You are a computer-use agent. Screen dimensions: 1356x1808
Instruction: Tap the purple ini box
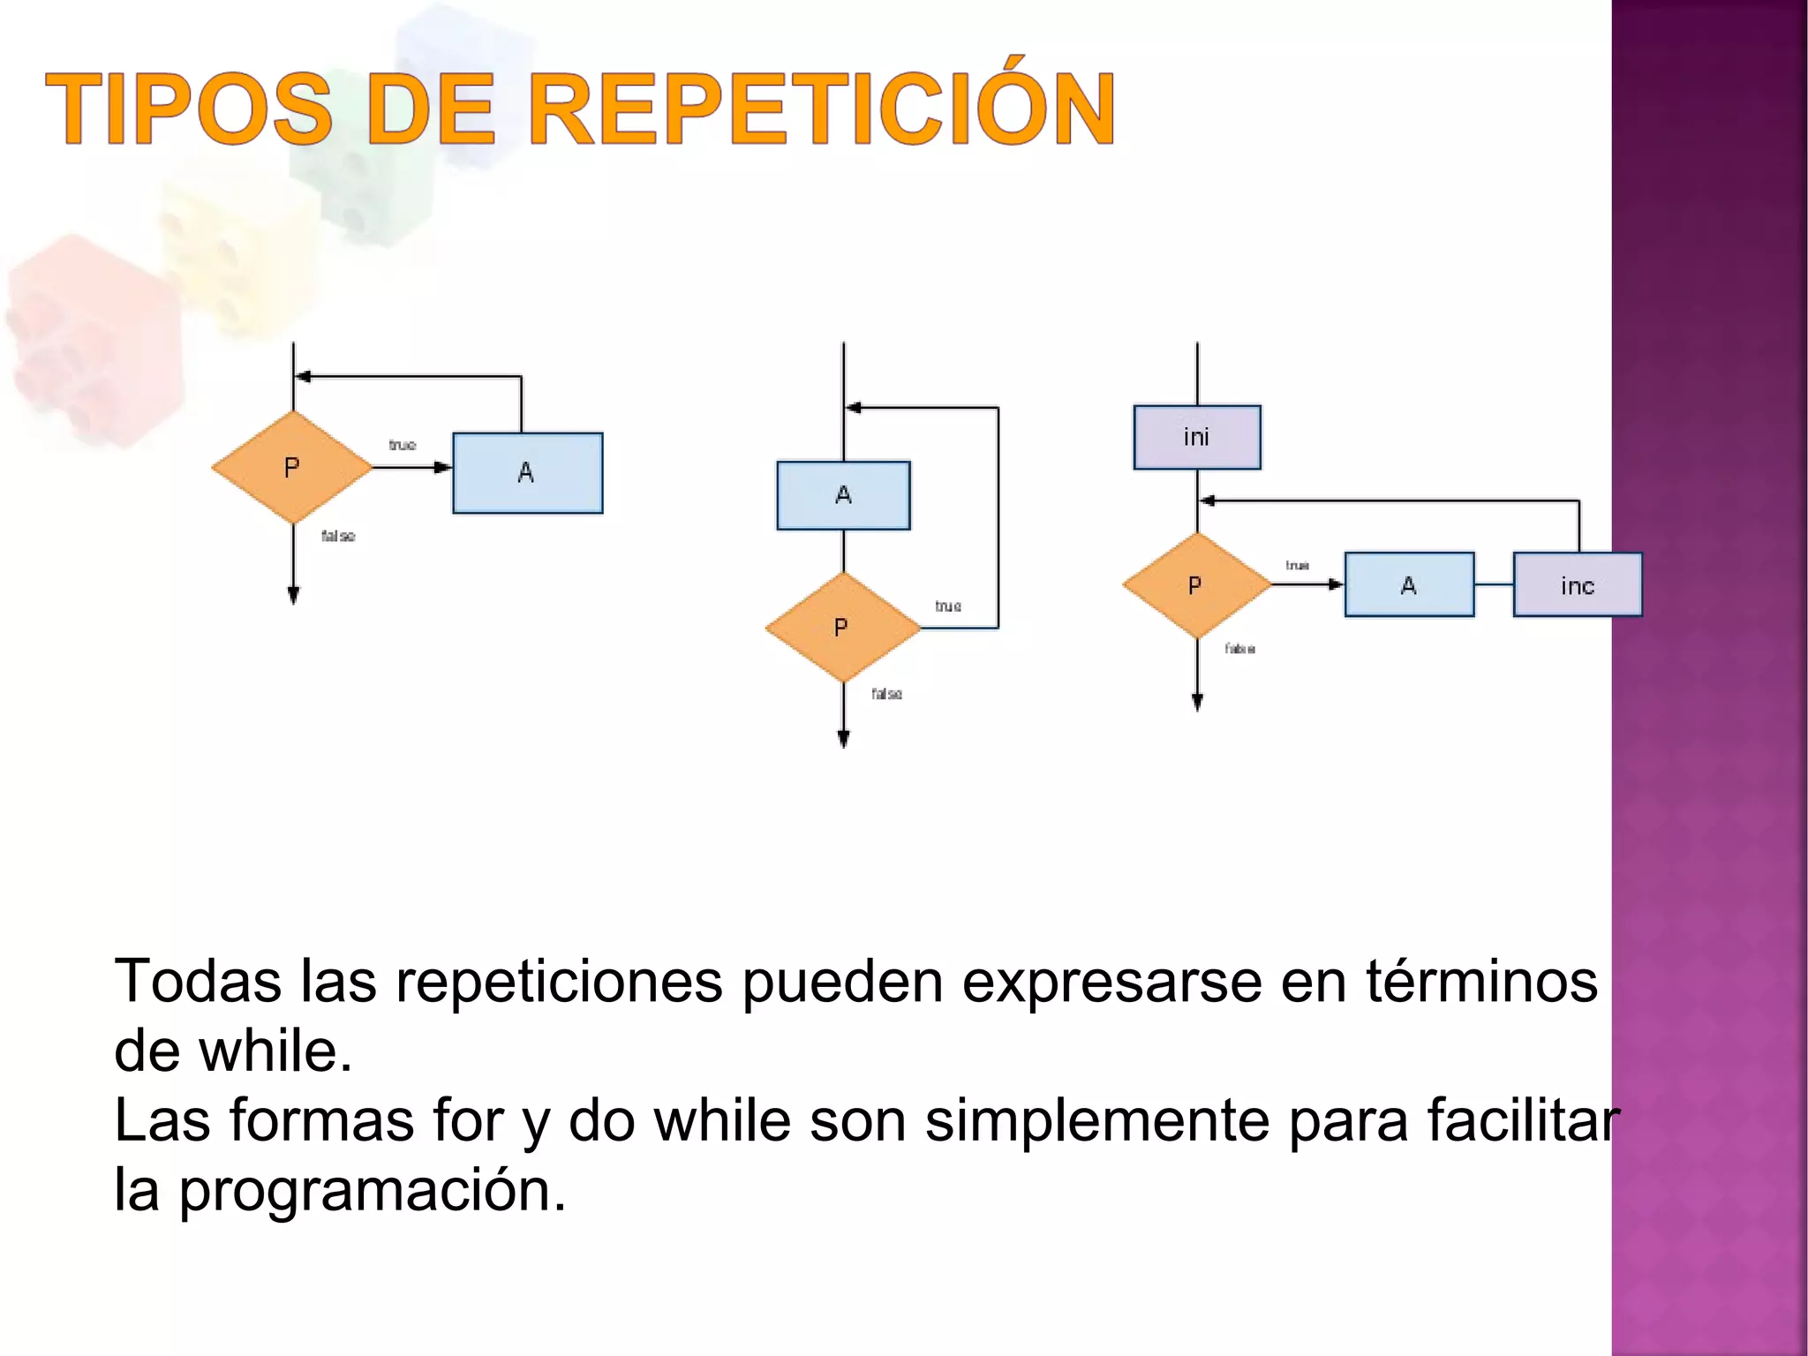point(1196,437)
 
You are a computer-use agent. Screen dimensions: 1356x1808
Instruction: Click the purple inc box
point(1577,585)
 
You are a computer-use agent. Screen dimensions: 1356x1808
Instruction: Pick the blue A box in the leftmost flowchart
point(527,472)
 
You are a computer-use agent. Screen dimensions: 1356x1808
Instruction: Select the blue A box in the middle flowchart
point(843,495)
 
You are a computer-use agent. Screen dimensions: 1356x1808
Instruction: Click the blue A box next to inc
point(1409,584)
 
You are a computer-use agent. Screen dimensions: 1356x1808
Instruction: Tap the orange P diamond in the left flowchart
point(292,467)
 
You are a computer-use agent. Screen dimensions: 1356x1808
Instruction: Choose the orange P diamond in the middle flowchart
point(842,628)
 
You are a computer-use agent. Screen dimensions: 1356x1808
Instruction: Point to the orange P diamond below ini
point(1195,585)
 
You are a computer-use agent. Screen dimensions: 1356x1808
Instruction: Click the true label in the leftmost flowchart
point(403,445)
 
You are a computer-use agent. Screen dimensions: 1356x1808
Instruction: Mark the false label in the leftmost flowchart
point(338,536)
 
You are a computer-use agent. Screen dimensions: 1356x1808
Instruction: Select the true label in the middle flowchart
point(948,606)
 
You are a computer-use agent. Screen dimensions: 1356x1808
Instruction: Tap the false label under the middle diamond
point(886,694)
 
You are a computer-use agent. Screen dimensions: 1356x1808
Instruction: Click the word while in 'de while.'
point(275,1051)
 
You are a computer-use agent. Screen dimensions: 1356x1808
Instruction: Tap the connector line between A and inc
point(1494,584)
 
